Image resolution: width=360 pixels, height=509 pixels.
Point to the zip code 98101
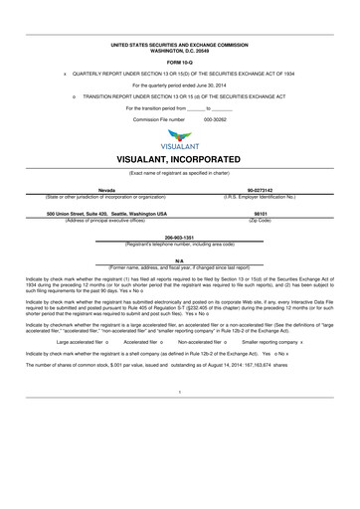coord(262,213)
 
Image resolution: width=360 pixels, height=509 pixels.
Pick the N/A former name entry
coord(179,259)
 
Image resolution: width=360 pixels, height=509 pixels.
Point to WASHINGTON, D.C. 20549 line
coord(179,51)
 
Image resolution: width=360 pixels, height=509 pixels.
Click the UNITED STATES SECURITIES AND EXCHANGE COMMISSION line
coord(179,46)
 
